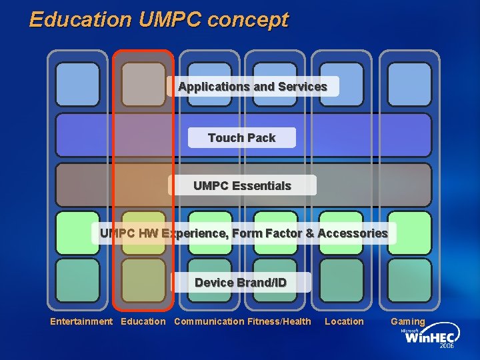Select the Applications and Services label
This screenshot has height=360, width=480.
tap(253, 87)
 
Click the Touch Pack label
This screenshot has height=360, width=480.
tap(241, 138)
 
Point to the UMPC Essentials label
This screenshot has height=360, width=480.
tap(242, 185)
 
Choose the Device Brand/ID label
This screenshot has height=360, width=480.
tap(241, 283)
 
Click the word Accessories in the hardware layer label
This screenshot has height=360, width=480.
tap(353, 233)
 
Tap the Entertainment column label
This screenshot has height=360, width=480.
tap(81, 321)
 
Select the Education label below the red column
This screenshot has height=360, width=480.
tap(143, 321)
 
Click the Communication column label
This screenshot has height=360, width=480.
tap(209, 321)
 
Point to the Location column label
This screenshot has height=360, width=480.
tap(344, 321)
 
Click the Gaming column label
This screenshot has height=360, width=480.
tap(407, 321)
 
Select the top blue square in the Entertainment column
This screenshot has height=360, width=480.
tap(77, 85)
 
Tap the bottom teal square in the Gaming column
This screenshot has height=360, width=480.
tap(409, 280)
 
